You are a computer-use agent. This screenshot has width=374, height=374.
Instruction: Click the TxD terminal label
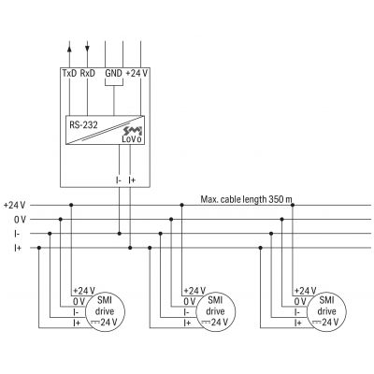coord(68,72)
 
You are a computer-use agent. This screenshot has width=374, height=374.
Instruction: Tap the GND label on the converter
coord(113,72)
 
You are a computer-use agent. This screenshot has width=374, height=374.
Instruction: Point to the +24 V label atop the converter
coord(137,72)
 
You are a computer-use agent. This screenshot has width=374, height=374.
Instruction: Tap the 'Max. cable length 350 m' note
coord(246,198)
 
